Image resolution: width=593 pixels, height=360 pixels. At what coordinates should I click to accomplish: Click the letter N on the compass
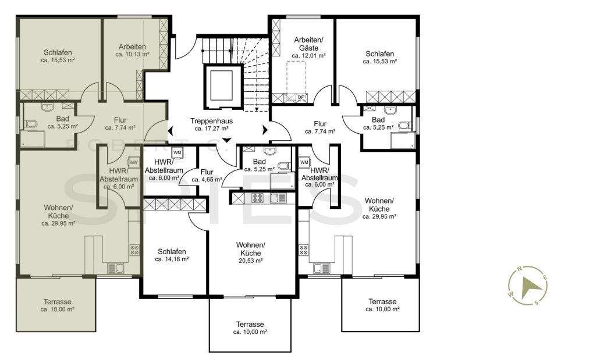(520, 269)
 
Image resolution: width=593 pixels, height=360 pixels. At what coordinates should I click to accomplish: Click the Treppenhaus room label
(211, 121)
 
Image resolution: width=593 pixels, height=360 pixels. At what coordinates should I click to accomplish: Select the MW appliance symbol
(133, 162)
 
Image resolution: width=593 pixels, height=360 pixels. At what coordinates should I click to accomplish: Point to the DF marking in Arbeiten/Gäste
(301, 97)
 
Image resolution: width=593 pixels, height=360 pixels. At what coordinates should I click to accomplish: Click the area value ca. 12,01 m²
(308, 55)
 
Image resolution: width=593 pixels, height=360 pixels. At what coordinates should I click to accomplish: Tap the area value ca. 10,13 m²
(132, 54)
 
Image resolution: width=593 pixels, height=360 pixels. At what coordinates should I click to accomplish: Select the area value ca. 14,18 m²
(172, 259)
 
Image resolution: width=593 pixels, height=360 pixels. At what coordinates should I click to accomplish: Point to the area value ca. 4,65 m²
(207, 180)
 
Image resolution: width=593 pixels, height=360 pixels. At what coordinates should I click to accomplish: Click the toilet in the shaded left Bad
(30, 124)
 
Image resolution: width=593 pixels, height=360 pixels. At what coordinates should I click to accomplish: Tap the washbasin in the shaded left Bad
(47, 107)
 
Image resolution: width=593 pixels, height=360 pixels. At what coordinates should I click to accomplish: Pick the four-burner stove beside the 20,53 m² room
(258, 197)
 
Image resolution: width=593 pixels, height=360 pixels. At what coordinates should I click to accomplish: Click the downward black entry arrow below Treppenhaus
(226, 140)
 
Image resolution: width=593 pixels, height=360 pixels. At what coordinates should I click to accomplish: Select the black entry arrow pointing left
(170, 130)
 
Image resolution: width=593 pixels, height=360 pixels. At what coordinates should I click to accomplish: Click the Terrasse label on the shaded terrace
(57, 302)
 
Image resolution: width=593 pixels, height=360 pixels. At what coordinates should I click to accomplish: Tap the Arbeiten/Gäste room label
(308, 44)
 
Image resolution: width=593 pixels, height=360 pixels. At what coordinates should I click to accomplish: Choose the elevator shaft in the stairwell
(223, 87)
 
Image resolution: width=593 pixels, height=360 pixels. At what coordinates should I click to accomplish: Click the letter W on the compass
(510, 294)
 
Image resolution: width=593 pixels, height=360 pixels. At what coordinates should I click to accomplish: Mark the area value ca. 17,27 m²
(211, 129)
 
